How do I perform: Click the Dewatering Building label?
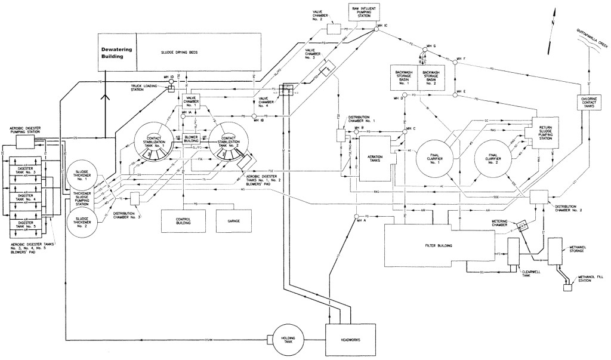point(117,53)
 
